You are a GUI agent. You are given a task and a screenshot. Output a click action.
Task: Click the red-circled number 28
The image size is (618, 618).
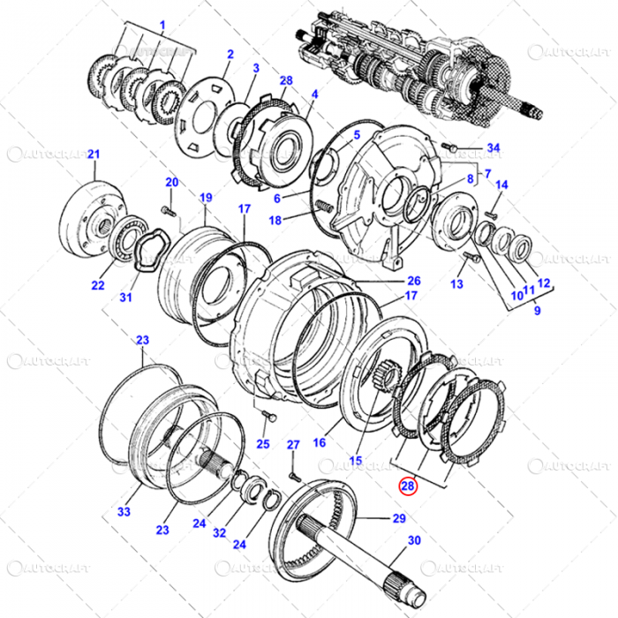tap(407, 485)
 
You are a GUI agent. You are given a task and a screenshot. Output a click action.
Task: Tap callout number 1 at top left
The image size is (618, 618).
tap(162, 23)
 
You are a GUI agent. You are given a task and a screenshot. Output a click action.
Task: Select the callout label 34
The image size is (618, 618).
tap(494, 147)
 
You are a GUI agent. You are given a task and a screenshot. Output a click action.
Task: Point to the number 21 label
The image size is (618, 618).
tap(93, 155)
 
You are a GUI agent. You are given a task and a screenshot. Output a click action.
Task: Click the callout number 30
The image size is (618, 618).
tap(414, 540)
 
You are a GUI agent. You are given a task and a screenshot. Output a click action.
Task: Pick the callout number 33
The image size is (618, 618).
tap(124, 511)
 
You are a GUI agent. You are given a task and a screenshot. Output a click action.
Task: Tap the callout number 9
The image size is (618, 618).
tap(538, 311)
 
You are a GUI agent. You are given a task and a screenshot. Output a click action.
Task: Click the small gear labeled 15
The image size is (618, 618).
tap(383, 381)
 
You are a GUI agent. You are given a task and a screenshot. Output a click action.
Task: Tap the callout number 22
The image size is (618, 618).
tap(97, 285)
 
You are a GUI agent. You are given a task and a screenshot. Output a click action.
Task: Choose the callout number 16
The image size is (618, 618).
tap(320, 441)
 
